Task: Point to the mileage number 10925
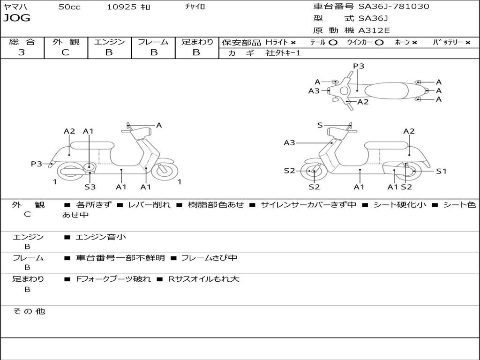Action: coord(121,7)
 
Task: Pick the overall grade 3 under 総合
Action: coord(22,52)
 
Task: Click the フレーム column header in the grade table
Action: coord(153,42)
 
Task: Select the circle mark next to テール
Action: coord(333,42)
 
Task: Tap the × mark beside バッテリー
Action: coord(467,42)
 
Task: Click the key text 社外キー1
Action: coord(283,53)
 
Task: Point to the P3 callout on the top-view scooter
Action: coord(359,66)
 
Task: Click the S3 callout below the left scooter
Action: coord(90,187)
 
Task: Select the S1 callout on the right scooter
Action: coord(442,171)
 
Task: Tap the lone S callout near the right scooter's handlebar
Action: coord(320,125)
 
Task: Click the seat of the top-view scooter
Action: coord(392,90)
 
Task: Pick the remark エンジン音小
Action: coord(101,237)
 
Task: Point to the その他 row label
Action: coord(29,311)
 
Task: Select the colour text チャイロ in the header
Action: coord(195,7)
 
